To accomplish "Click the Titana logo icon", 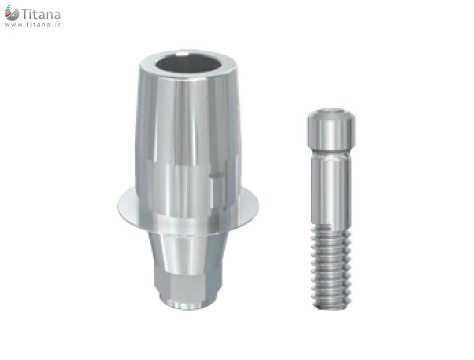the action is point(12,13).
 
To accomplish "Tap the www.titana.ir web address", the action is point(33,25).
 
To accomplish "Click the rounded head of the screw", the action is point(331,129).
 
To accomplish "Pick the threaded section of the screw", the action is point(331,268).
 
